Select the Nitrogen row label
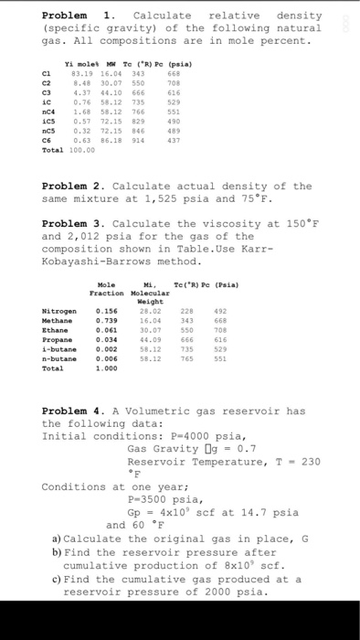(x=58, y=313)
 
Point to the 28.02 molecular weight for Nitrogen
(x=144, y=313)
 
